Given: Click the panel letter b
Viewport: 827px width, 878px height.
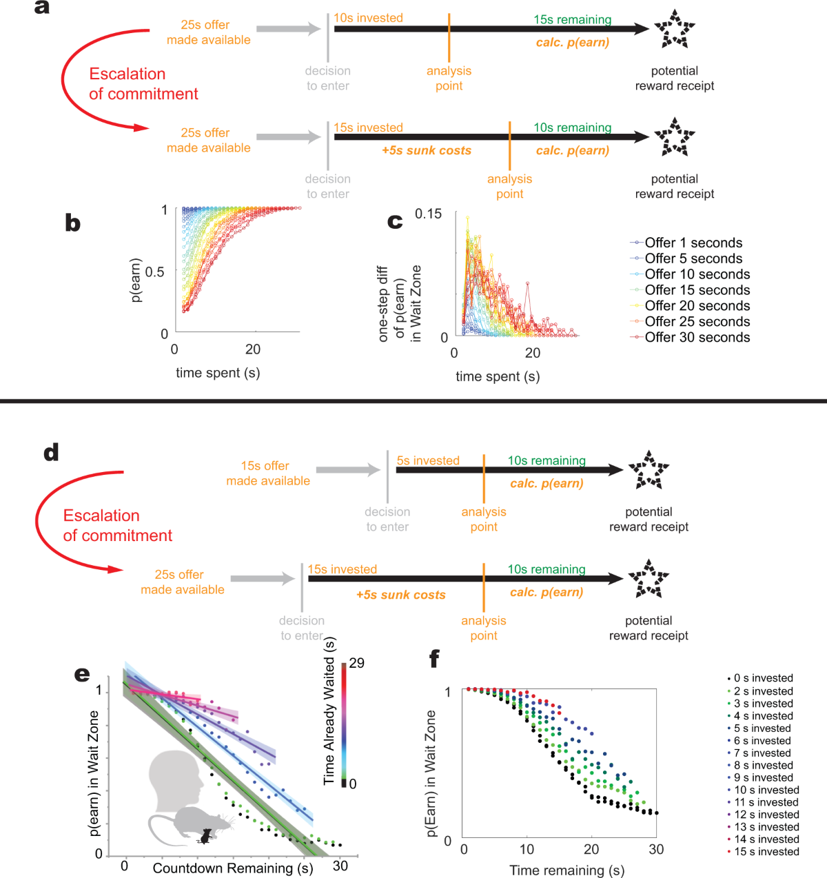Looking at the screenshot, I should click(x=72, y=223).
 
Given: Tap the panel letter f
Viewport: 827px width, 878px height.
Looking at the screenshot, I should click(x=434, y=659).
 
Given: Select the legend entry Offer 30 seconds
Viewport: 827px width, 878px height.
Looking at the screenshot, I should click(x=697, y=338).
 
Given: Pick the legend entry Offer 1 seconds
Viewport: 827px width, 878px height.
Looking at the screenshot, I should click(x=693, y=243).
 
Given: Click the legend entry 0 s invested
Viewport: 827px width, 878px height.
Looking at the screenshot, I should click(x=763, y=679).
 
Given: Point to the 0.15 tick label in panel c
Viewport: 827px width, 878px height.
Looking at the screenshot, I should click(x=428, y=214).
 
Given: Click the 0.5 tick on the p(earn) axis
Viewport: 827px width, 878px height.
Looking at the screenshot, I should click(x=155, y=272).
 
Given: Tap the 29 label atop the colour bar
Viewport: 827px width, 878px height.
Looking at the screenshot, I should click(x=357, y=664).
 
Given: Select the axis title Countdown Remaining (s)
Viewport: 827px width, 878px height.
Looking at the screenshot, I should click(x=233, y=868).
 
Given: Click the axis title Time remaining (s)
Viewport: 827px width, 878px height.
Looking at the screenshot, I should click(x=566, y=870).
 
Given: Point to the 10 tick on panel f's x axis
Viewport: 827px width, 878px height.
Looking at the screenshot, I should click(x=527, y=850).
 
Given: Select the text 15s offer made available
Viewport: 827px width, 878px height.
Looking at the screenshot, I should click(x=267, y=473).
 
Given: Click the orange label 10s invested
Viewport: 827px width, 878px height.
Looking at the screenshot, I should click(x=368, y=19).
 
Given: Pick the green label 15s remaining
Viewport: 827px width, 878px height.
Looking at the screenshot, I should click(x=572, y=20).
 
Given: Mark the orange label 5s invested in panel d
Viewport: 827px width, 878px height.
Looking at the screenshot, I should click(x=428, y=461).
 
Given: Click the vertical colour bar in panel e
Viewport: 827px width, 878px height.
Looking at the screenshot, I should click(x=344, y=724).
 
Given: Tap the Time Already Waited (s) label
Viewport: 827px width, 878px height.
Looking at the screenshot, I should click(x=329, y=711).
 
